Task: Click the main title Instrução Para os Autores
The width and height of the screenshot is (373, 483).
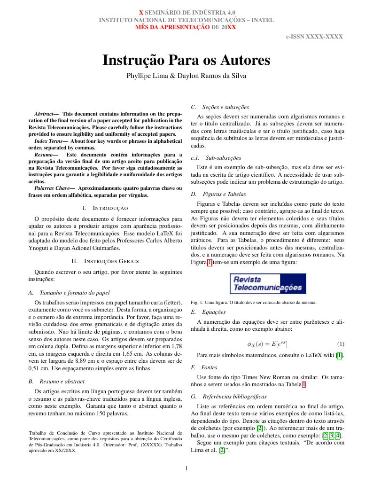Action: [x=186, y=61]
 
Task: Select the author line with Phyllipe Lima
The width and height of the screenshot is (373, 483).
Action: [x=186, y=75]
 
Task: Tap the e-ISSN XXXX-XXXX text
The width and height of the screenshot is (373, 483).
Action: [x=314, y=36]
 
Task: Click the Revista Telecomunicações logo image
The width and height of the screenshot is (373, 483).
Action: [x=268, y=284]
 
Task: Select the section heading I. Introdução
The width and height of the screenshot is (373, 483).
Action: [x=105, y=208]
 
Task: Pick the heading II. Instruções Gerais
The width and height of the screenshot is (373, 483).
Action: [x=105, y=261]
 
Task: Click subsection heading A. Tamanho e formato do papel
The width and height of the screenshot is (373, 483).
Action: [x=69, y=292]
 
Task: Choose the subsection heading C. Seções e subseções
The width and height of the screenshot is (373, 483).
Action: [x=220, y=107]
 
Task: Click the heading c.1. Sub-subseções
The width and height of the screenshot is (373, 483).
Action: [x=216, y=158]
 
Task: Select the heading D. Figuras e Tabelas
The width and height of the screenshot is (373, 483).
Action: [x=218, y=194]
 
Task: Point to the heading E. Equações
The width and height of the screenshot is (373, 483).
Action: [x=208, y=312]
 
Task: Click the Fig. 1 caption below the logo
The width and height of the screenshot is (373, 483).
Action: [x=254, y=302]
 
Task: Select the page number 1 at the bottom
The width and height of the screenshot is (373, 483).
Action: [x=186, y=468]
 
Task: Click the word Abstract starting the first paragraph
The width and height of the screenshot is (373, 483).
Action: [x=43, y=114]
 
